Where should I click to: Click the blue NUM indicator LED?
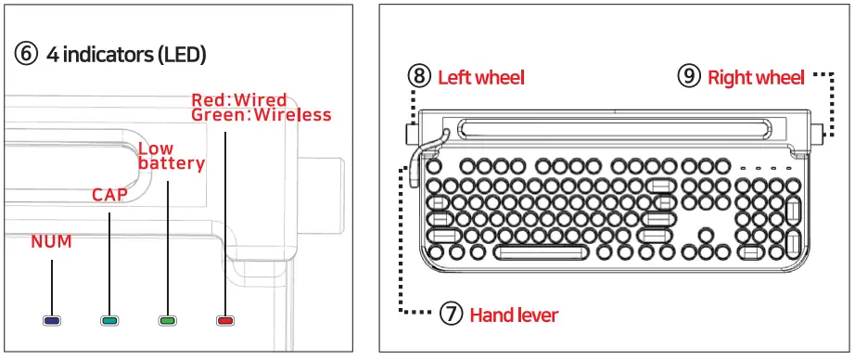tap(52, 320)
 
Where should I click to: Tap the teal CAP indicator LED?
tap(109, 320)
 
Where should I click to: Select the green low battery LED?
tap(167, 320)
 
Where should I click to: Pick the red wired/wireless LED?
tap(224, 320)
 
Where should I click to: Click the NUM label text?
tap(51, 242)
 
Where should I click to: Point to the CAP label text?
tap(108, 195)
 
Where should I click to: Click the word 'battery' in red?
tap(172, 163)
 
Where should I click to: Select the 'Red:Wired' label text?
tap(239, 100)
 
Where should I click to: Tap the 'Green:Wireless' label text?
tap(261, 115)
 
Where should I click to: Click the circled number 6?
tap(27, 54)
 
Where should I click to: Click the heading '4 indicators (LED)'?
tap(126, 54)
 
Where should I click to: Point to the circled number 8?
tap(419, 77)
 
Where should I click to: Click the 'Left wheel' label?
tap(480, 78)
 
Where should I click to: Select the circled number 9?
tap(688, 77)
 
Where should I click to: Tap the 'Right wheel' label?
tap(756, 78)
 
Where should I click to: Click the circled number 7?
tap(451, 315)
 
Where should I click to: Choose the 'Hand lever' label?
tap(514, 315)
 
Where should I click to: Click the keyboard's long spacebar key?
tap(542, 251)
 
